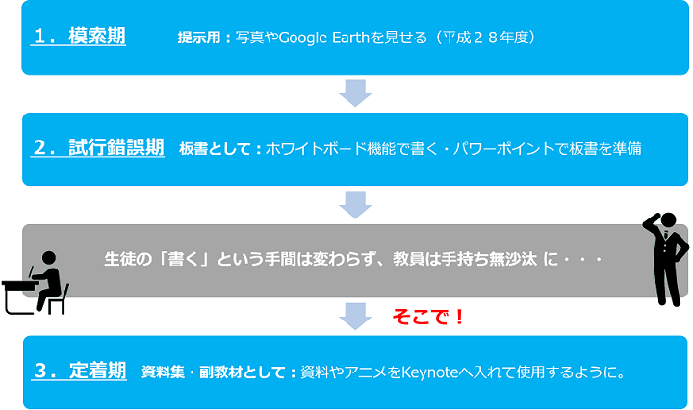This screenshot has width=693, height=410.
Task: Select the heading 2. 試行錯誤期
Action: click(x=98, y=147)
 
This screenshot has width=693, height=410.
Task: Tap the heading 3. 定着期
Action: click(x=80, y=371)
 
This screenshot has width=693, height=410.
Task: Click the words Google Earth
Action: click(x=324, y=38)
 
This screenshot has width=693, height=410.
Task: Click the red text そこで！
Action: click(x=427, y=317)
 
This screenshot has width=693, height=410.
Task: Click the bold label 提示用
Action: click(x=199, y=38)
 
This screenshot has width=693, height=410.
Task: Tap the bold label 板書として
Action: click(x=215, y=149)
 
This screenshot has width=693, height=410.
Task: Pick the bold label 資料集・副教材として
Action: click(x=214, y=372)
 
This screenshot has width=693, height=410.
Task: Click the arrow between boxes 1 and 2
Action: click(x=355, y=92)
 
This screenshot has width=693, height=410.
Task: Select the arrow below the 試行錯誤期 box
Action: click(x=355, y=205)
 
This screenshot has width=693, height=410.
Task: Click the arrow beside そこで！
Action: click(x=355, y=317)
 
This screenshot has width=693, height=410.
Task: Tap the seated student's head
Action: click(x=49, y=259)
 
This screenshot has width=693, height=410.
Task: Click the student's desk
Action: click(x=18, y=296)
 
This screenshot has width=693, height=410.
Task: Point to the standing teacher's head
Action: click(x=668, y=220)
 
